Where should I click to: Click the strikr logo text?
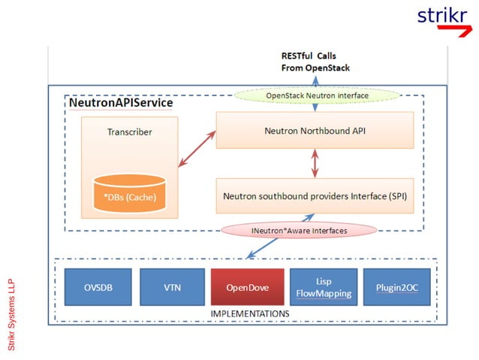point(441,16)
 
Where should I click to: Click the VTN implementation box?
point(171,287)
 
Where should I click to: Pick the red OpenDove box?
point(246,287)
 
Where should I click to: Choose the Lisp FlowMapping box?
point(322,287)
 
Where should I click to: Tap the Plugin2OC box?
point(396,287)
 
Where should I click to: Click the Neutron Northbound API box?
point(315,131)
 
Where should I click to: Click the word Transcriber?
point(130,132)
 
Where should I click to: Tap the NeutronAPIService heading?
point(121,103)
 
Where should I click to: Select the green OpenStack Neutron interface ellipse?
point(318,96)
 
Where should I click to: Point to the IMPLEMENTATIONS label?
point(250,313)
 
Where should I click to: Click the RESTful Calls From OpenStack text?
point(315,62)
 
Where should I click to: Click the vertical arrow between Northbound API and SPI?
point(315,162)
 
